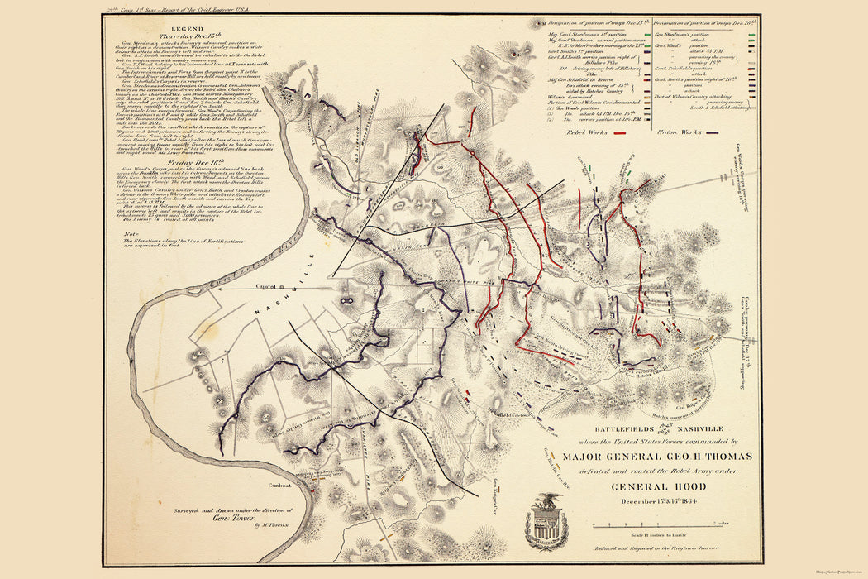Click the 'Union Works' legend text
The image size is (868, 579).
click(675, 132)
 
